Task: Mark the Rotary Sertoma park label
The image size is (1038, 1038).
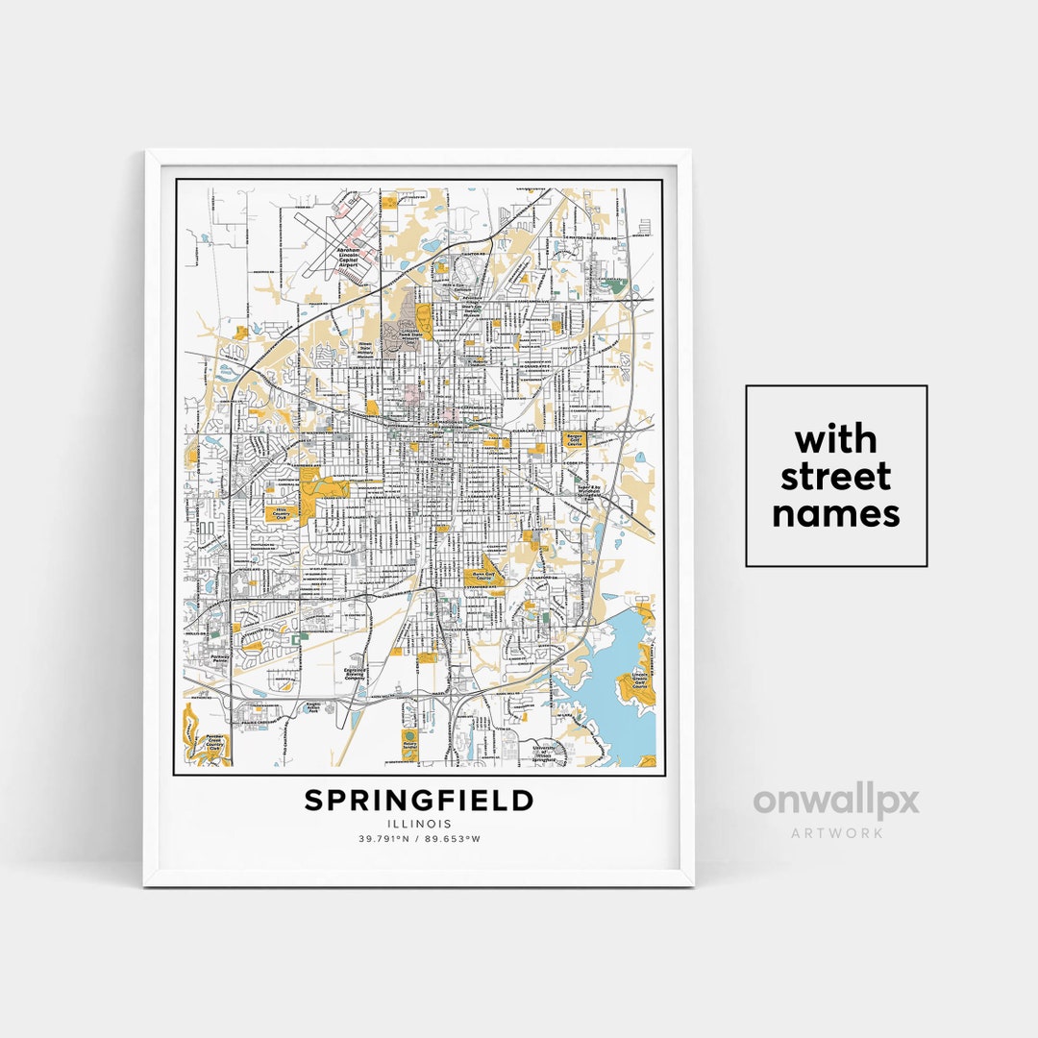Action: [410, 742]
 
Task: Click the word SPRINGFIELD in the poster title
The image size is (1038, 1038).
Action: [419, 801]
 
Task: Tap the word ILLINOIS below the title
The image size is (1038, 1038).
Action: [419, 824]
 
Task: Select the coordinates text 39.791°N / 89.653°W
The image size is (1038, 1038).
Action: [419, 839]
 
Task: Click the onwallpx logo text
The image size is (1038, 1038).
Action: [835, 803]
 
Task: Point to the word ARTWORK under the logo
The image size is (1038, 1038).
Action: [836, 832]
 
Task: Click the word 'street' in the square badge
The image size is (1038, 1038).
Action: [835, 477]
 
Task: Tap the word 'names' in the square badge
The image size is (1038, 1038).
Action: [835, 513]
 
